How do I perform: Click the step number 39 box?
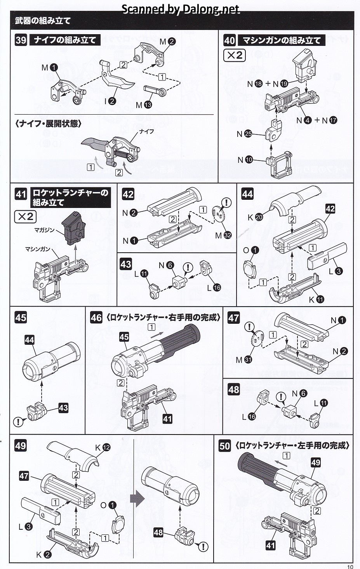click(x=21, y=40)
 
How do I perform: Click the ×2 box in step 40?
click(x=234, y=55)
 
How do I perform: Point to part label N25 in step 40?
click(x=244, y=134)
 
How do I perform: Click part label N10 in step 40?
click(x=245, y=160)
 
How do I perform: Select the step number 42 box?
click(x=128, y=194)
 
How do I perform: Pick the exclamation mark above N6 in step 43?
click(x=188, y=267)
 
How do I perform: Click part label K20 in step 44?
click(x=255, y=217)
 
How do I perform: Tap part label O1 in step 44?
click(x=251, y=250)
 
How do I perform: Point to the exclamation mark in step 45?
click(x=18, y=421)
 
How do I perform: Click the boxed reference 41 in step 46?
click(x=167, y=419)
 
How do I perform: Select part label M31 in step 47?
click(x=244, y=360)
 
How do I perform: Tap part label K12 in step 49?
click(x=103, y=448)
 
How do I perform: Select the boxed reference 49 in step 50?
click(x=316, y=462)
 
